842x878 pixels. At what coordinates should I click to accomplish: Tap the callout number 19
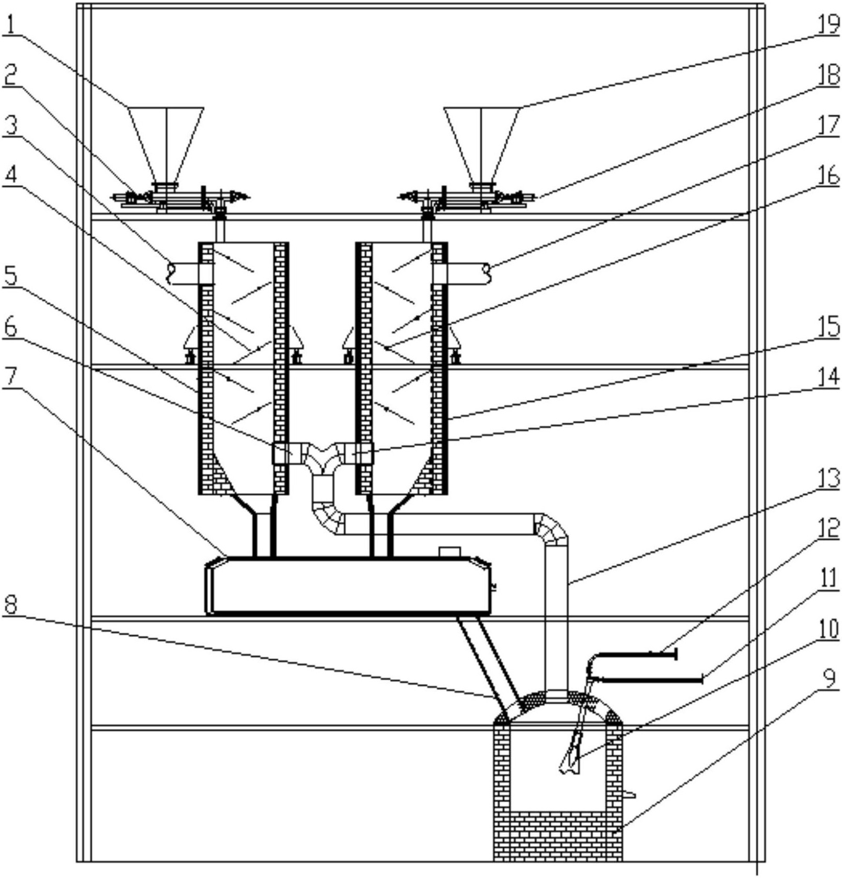pyautogui.click(x=827, y=25)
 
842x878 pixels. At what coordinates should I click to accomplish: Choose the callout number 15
pyautogui.click(x=827, y=328)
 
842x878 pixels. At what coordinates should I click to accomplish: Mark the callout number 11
pyautogui.click(x=827, y=580)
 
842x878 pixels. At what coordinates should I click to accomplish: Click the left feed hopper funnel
pyautogui.click(x=167, y=145)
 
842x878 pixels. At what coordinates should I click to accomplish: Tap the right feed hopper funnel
pyautogui.click(x=482, y=145)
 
